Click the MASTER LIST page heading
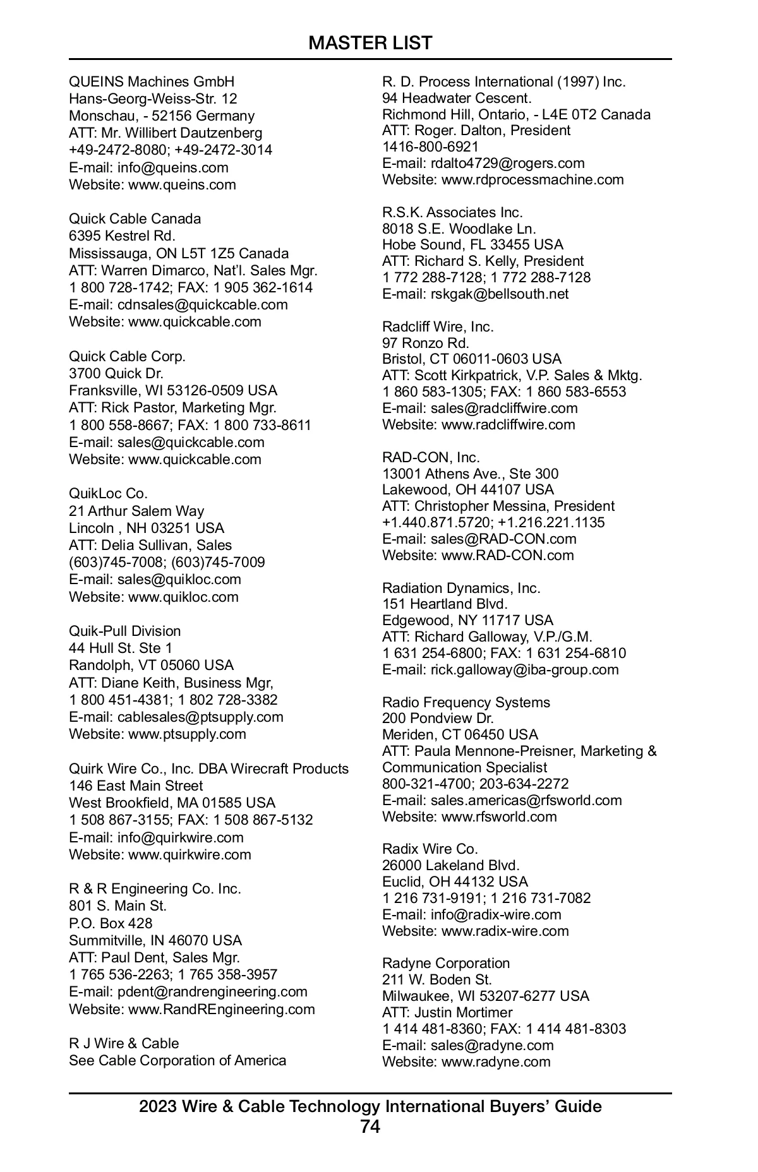tap(370, 43)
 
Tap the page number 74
tap(370, 1127)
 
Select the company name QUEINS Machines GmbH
tap(152, 82)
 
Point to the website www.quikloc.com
tap(183, 597)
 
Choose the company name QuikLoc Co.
tap(108, 494)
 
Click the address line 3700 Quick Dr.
tap(116, 374)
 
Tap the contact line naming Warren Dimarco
tap(193, 271)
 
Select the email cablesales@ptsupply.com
tap(200, 717)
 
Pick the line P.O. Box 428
tap(111, 923)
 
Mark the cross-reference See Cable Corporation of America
tap(177, 1061)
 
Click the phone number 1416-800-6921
tap(431, 147)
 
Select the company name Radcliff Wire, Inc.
tap(438, 327)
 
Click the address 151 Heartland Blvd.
tap(445, 604)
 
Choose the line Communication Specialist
tap(464, 768)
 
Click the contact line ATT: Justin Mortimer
tap(447, 1013)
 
